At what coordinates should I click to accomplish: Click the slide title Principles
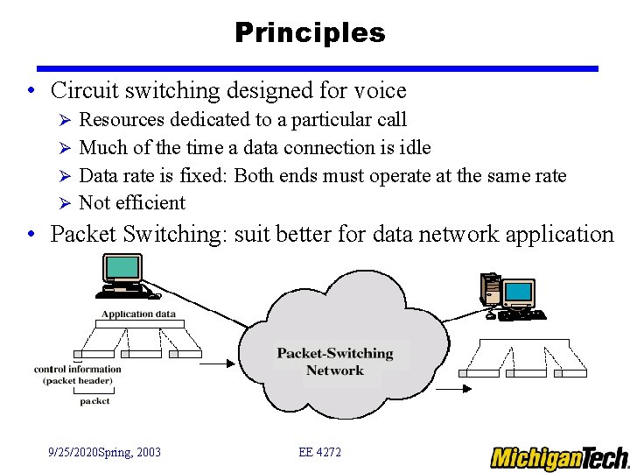310,32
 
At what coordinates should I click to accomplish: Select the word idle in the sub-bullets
415,147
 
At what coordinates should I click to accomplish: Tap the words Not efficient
132,202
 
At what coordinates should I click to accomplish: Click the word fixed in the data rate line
203,175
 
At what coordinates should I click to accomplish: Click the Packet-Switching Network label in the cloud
335,362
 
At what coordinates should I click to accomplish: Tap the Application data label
138,314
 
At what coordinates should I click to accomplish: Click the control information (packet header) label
78,374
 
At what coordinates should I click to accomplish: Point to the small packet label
94,401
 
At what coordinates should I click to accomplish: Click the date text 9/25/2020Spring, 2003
104,452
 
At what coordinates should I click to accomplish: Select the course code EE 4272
319,452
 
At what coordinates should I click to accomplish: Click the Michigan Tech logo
558,457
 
